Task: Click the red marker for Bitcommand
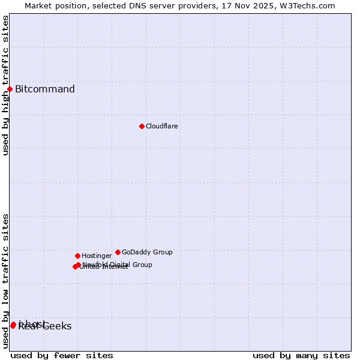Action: click(x=10, y=89)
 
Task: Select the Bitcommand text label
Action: click(x=45, y=89)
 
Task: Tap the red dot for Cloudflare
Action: click(x=142, y=126)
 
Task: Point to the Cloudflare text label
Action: click(x=162, y=127)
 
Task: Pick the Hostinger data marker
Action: click(x=77, y=256)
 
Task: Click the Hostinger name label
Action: click(x=97, y=256)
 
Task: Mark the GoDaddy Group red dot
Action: click(x=118, y=252)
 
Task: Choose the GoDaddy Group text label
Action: click(x=147, y=253)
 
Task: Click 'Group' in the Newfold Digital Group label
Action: click(x=142, y=265)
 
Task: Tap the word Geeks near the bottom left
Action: click(x=58, y=326)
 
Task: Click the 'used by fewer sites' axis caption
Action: click(x=62, y=355)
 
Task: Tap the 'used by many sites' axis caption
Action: click(x=301, y=355)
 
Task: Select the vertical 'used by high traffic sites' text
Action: click(x=5, y=85)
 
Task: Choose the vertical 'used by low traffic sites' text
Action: click(x=5, y=281)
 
